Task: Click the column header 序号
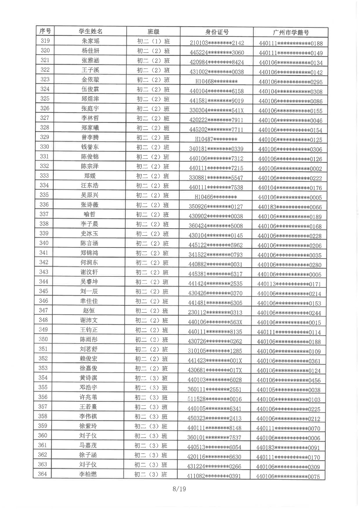click(x=45, y=31)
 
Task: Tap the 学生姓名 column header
click(x=91, y=31)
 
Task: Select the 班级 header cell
click(x=153, y=31)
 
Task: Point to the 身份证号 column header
click(x=217, y=32)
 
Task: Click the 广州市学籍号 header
click(x=291, y=32)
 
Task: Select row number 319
click(x=45, y=41)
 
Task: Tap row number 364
click(x=42, y=474)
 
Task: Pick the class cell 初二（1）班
click(x=153, y=41)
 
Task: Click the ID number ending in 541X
click(x=216, y=110)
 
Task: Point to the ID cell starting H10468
click(x=216, y=81)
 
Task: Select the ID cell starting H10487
click(x=216, y=139)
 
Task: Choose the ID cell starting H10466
click(x=216, y=197)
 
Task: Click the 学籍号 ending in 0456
click(x=289, y=380)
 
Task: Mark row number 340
click(x=44, y=243)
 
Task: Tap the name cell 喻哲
click(x=89, y=214)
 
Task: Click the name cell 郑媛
click(x=90, y=176)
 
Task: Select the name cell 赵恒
click(x=89, y=310)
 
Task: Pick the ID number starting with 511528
click(x=215, y=399)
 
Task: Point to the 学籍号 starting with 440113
click(x=289, y=284)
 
